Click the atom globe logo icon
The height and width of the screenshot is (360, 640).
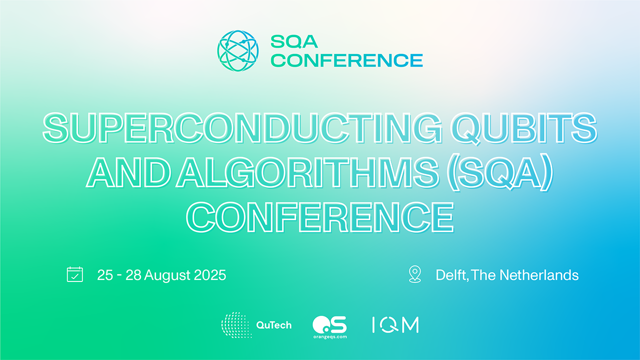point(237,51)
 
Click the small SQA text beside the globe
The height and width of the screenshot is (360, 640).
point(294,41)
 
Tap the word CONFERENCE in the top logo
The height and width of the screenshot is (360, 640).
point(346,60)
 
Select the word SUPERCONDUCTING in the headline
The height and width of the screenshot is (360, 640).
point(242,127)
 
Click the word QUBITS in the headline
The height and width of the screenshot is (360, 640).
point(525,128)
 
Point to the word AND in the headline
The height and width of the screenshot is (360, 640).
point(128,171)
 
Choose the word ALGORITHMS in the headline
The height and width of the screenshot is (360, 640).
point(307,171)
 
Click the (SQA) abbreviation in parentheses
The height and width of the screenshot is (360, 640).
point(499,172)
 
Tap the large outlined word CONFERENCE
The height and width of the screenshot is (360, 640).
point(319,217)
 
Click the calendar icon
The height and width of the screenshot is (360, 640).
point(75,274)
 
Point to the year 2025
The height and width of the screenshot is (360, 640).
point(210,275)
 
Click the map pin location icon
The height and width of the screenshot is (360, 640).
point(415,274)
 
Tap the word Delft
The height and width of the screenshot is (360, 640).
point(452,275)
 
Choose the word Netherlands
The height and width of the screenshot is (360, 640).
point(539,275)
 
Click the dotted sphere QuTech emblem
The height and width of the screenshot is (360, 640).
point(236,325)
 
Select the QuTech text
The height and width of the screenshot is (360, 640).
point(273,325)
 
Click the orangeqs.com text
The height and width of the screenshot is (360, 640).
point(330,337)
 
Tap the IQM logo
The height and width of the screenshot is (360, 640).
point(395,325)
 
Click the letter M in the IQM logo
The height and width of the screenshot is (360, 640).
point(410,325)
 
